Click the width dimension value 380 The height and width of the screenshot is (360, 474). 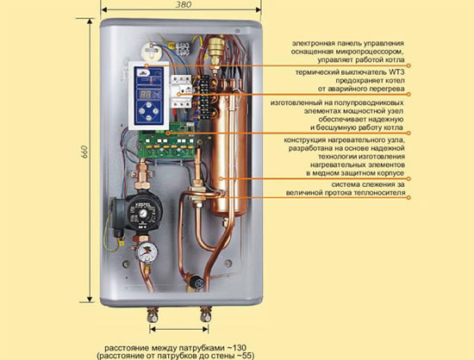click(184, 5)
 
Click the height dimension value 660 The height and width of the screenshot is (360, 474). click(84, 152)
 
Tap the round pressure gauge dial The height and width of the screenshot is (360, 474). click(147, 251)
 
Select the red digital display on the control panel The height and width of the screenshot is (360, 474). click(145, 95)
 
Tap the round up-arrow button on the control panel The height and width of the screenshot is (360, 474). click(148, 105)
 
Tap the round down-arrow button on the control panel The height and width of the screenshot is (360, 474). click(148, 118)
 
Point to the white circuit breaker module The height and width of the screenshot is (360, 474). click(181, 91)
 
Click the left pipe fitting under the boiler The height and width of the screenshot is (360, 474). click(153, 314)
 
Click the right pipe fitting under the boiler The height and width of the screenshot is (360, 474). click(206, 314)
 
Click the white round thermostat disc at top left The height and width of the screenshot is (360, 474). click(150, 51)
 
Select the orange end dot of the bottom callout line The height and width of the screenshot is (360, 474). click(409, 197)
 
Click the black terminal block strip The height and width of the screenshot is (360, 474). click(204, 96)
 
